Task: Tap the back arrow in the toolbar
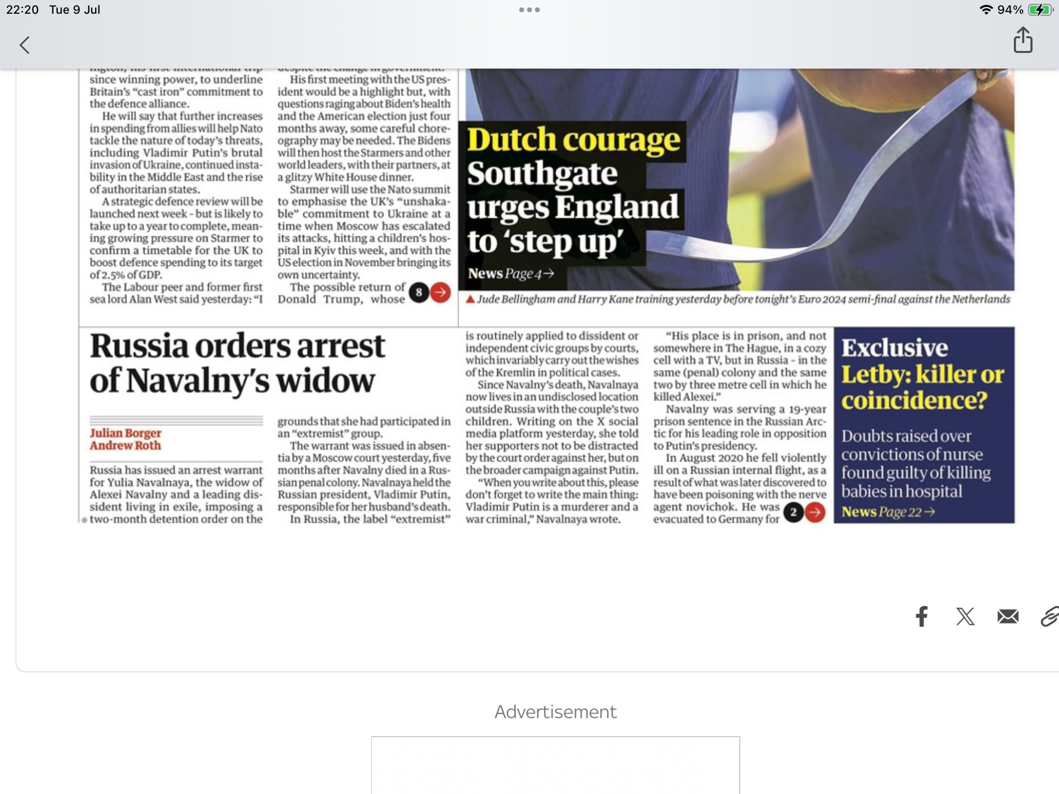point(25,45)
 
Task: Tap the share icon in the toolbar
point(1023,40)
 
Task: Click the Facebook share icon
point(922,616)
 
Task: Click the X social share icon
point(965,616)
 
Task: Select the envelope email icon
point(1008,616)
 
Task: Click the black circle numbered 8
point(419,293)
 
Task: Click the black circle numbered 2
point(793,512)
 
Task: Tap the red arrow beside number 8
point(440,293)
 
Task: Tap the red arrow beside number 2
point(815,512)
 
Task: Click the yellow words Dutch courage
point(573,140)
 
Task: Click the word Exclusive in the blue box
point(894,348)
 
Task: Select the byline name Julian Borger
point(126,433)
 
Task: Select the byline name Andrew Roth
point(125,446)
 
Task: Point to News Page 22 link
point(887,512)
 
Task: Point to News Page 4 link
point(510,273)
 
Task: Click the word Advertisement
point(555,712)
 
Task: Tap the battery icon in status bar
point(1040,10)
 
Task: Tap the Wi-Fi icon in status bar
point(985,10)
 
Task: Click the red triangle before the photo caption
point(470,299)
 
